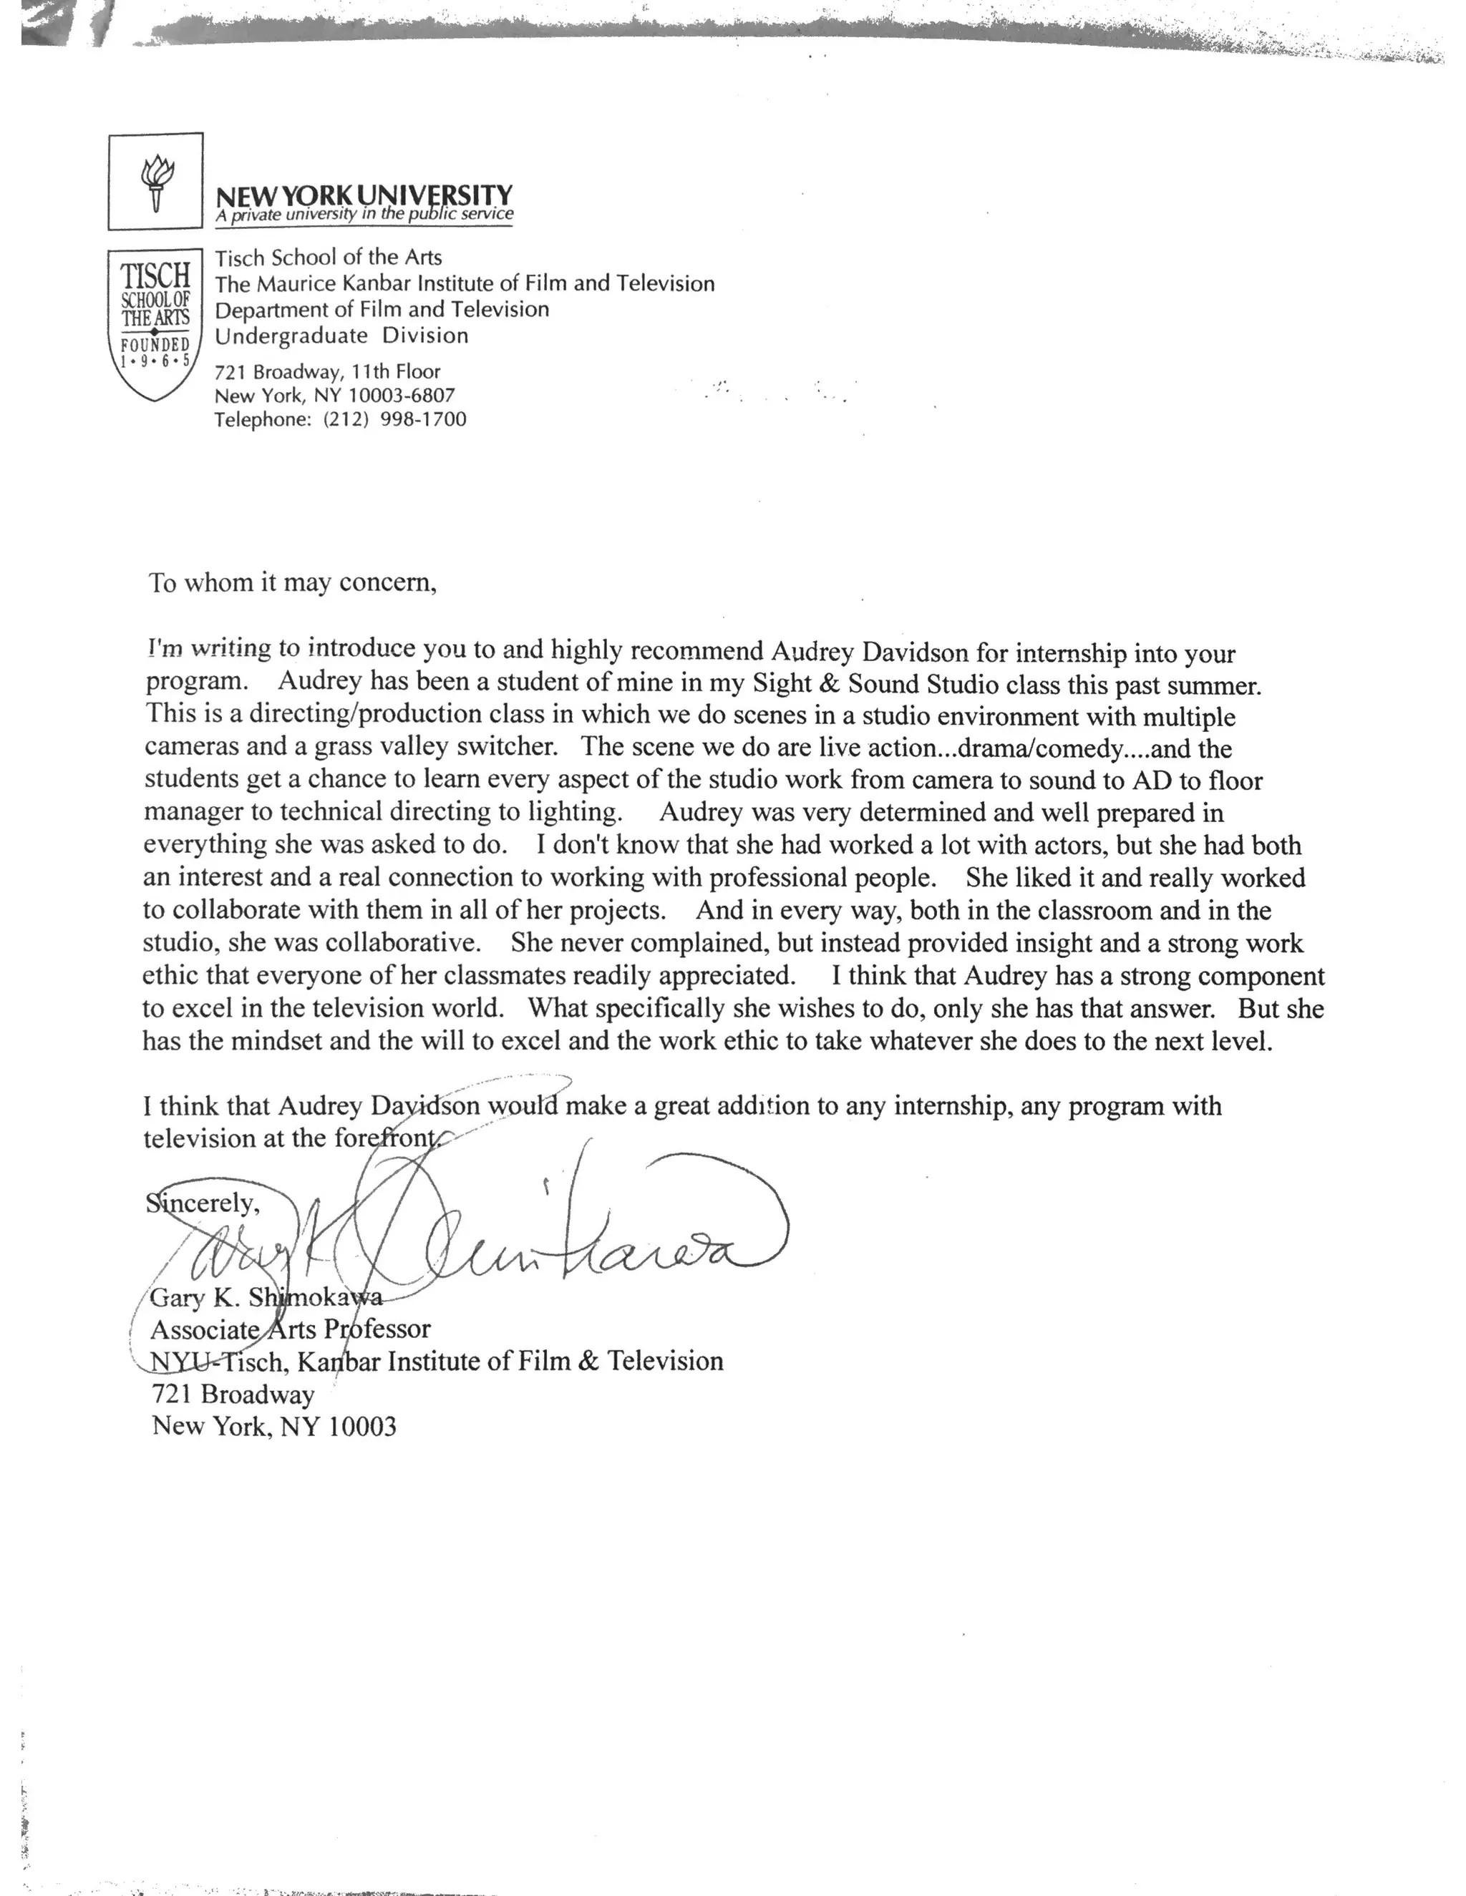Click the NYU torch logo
click(156, 182)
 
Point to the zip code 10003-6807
click(402, 396)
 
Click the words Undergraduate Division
click(341, 336)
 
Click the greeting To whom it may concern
click(292, 582)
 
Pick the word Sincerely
click(203, 1203)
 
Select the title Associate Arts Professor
click(290, 1329)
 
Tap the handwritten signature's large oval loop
click(712, 1211)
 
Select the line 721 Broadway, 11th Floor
click(327, 371)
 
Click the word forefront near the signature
click(387, 1138)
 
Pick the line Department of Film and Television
click(382, 310)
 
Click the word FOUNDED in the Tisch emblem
click(155, 345)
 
